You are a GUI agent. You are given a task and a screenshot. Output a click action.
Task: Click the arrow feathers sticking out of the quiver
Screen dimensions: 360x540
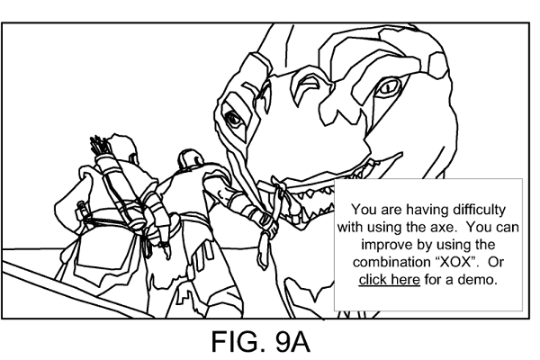tap(98, 145)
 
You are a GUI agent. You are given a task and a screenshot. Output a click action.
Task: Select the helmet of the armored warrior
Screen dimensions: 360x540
tap(188, 162)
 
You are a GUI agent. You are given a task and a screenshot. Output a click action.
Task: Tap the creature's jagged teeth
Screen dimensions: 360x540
tap(310, 189)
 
